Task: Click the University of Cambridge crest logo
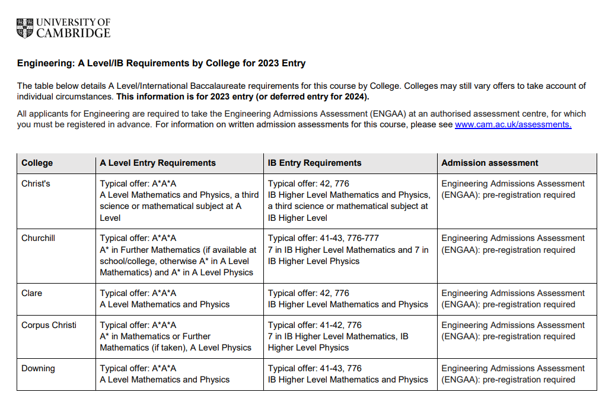point(26,28)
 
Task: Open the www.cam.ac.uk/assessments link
point(513,124)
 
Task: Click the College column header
point(37,163)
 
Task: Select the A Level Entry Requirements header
point(158,163)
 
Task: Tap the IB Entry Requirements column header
point(314,163)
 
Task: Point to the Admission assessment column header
point(490,163)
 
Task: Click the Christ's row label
point(36,184)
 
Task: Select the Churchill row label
point(39,238)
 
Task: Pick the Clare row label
point(32,293)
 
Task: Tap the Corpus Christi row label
point(49,325)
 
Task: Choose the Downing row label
point(38,368)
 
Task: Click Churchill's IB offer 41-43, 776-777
point(323,238)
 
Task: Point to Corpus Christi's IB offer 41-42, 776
point(315,325)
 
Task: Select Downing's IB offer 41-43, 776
point(315,368)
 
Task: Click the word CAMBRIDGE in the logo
point(73,33)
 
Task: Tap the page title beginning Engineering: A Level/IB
point(161,63)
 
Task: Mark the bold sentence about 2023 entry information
point(243,97)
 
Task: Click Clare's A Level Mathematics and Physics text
point(164,304)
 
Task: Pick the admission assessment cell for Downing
point(513,374)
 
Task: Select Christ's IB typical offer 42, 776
point(308,184)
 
